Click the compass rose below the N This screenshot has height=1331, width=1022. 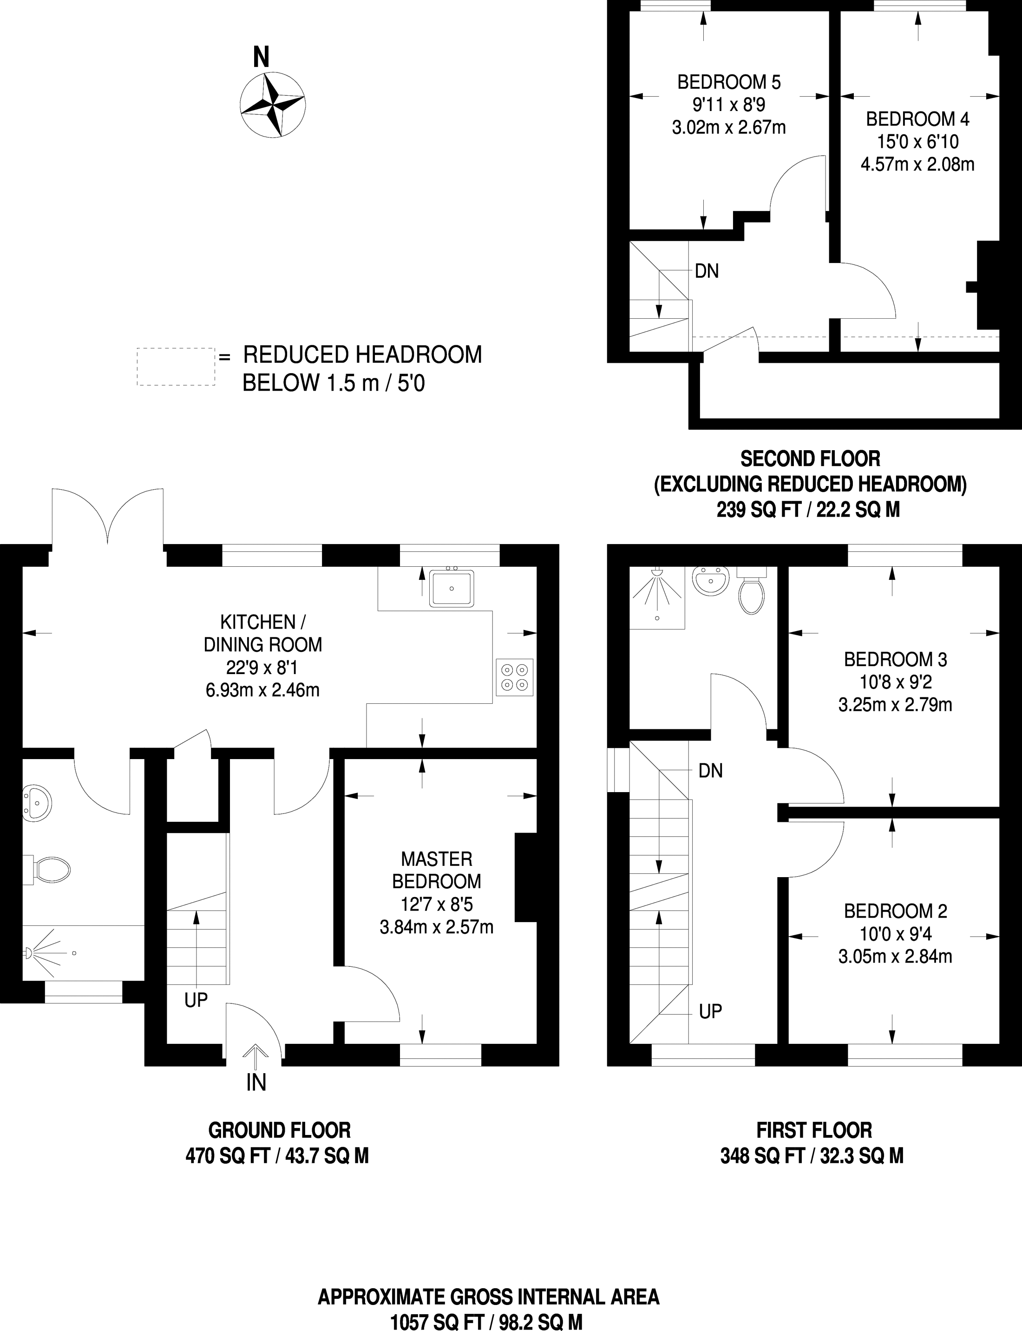[x=273, y=105]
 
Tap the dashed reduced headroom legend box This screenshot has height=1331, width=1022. [x=176, y=367]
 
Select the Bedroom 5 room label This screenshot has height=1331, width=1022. [x=729, y=81]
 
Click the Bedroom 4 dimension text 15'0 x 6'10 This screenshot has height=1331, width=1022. [x=917, y=142]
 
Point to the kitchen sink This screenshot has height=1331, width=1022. [x=452, y=588]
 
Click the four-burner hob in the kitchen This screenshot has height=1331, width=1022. [x=515, y=677]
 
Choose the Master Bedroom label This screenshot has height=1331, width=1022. [x=436, y=870]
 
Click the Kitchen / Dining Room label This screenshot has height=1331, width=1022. [x=263, y=633]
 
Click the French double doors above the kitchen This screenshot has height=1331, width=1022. [x=108, y=517]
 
